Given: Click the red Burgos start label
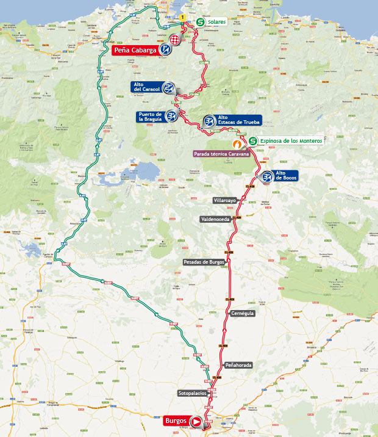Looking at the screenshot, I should pos(176,421).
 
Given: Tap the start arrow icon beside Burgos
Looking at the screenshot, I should pos(196,421).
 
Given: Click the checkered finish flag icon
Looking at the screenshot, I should pos(176,40).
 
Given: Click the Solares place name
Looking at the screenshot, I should pos(218,22).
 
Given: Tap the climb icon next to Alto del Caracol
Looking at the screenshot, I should pos(168,87).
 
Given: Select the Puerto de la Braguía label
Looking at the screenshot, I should pos(150,117).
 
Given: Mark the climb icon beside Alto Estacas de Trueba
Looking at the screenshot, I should pos(209,120).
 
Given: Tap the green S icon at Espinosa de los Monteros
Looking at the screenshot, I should pos(252,140).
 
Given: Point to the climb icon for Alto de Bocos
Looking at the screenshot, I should pos(268,177).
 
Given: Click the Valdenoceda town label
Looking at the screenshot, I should pos(215,219).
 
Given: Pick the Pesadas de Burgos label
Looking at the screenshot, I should pos(205,262).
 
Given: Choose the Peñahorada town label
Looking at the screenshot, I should pos(238,365).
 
